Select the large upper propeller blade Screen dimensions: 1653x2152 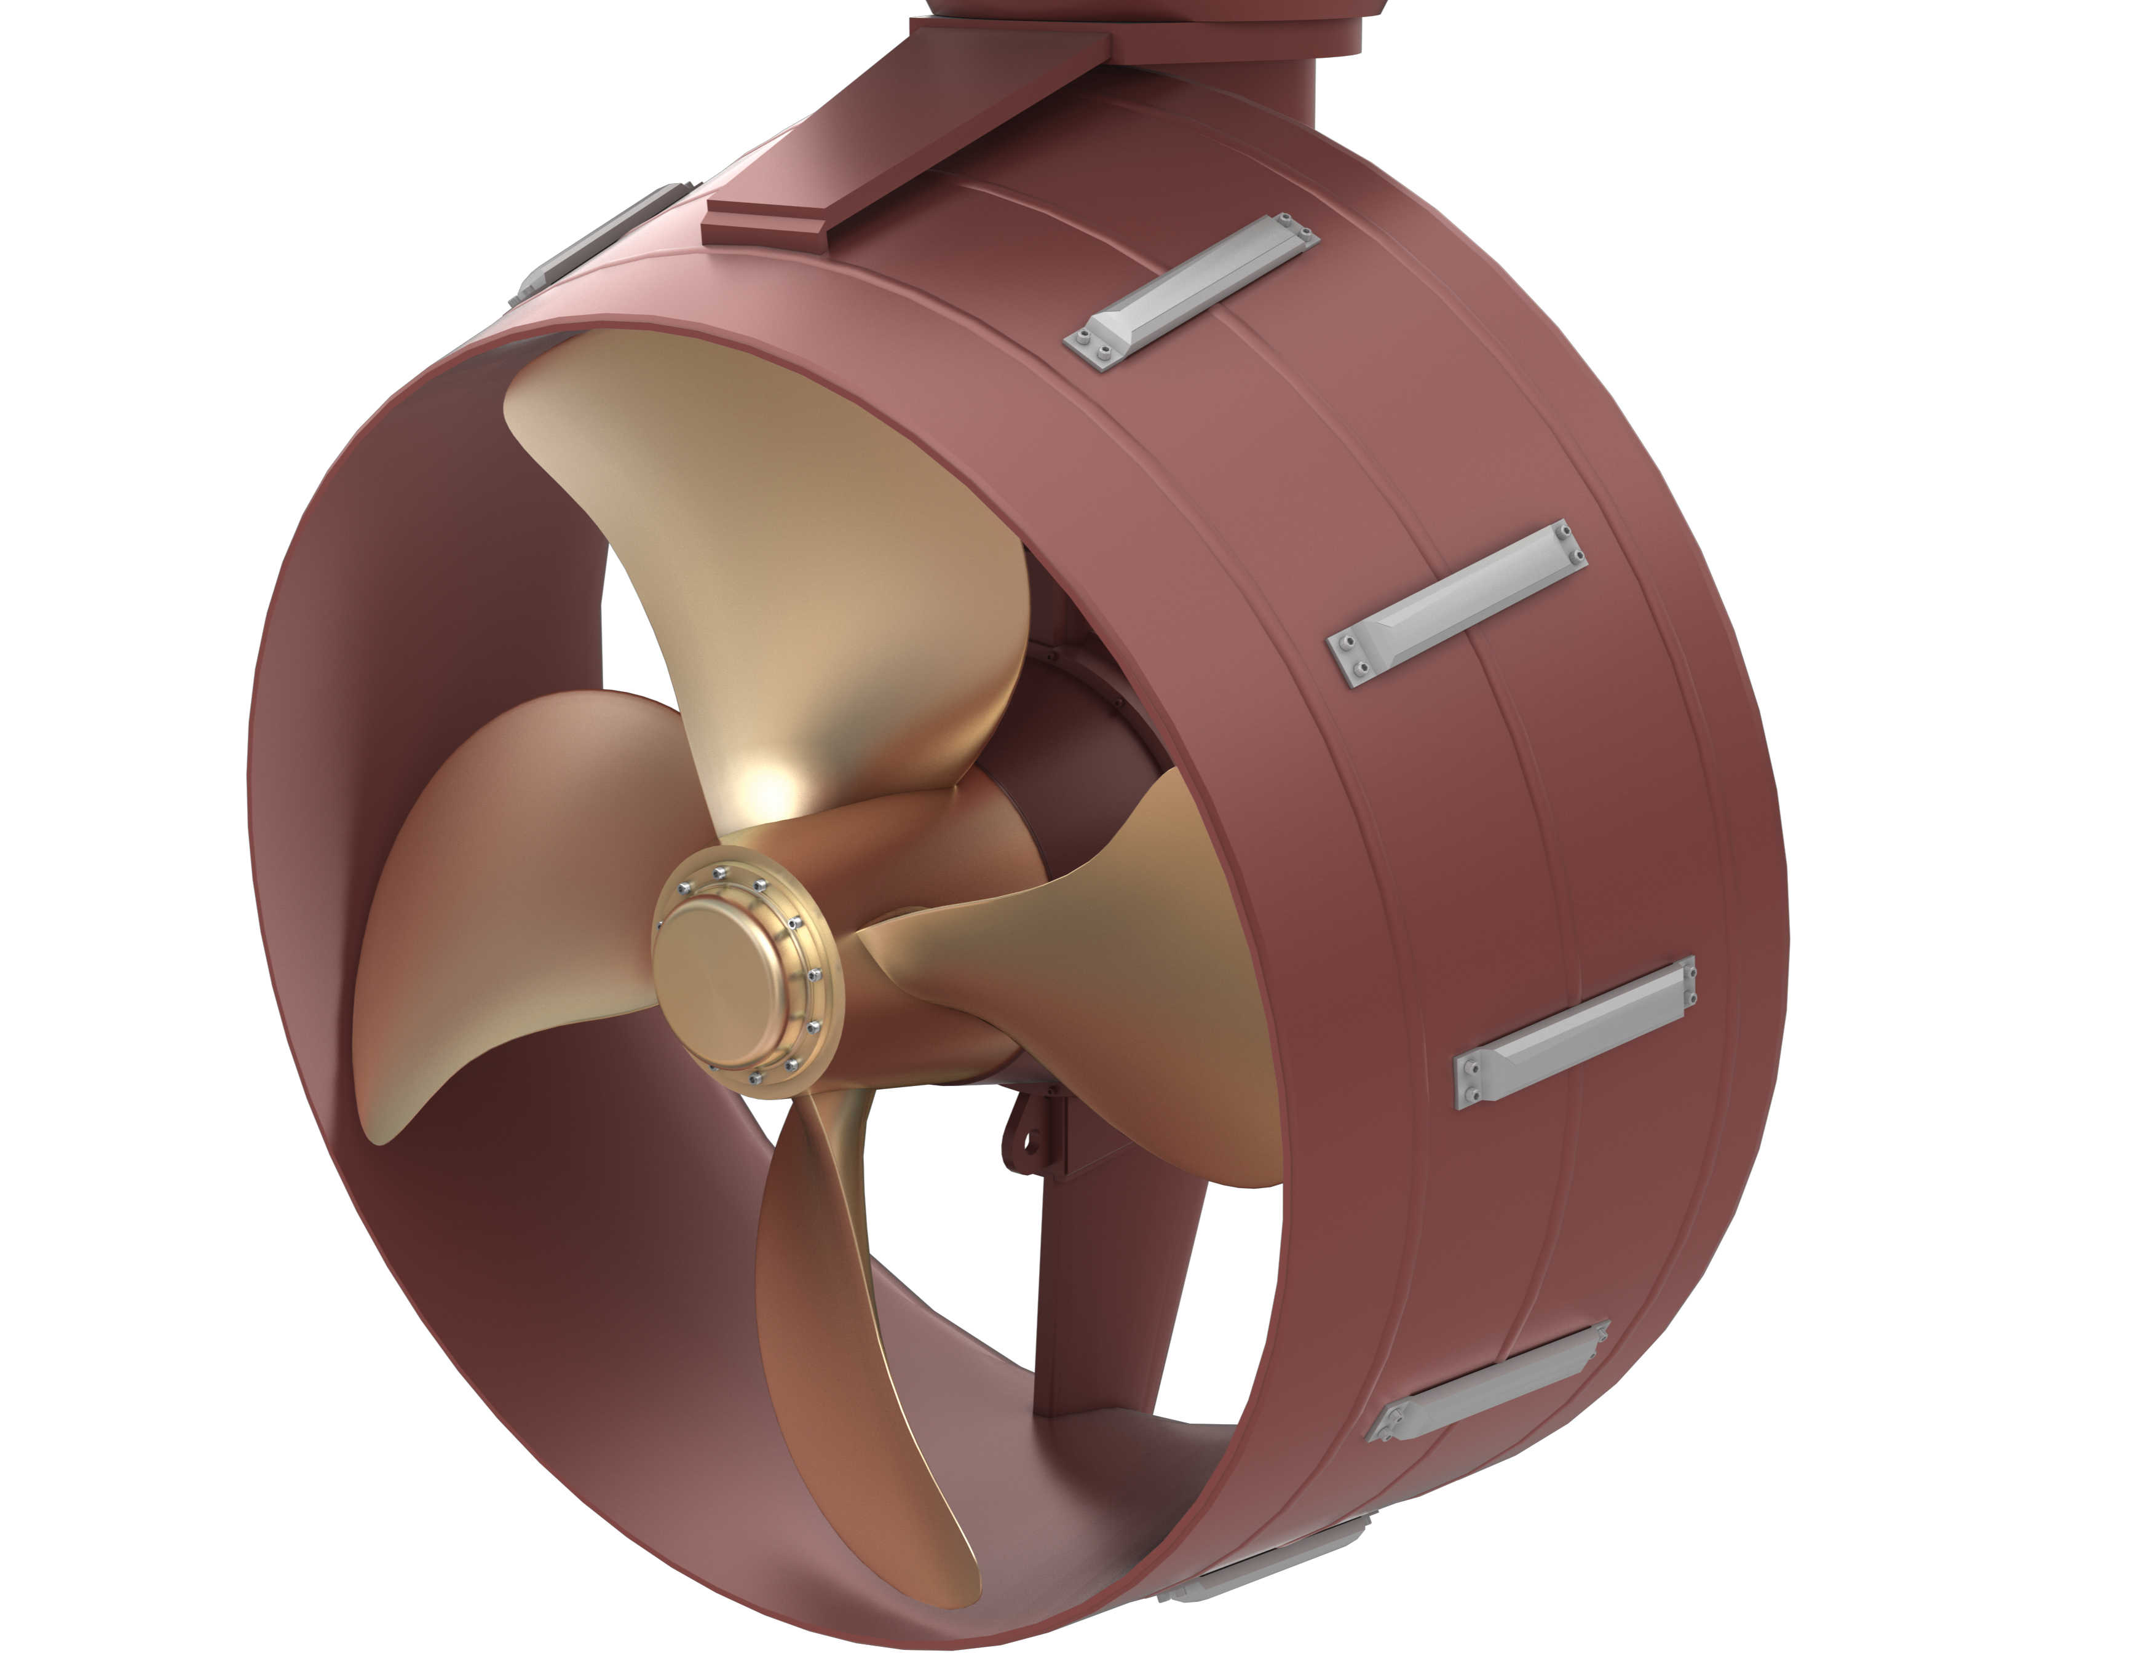click(x=787, y=551)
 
